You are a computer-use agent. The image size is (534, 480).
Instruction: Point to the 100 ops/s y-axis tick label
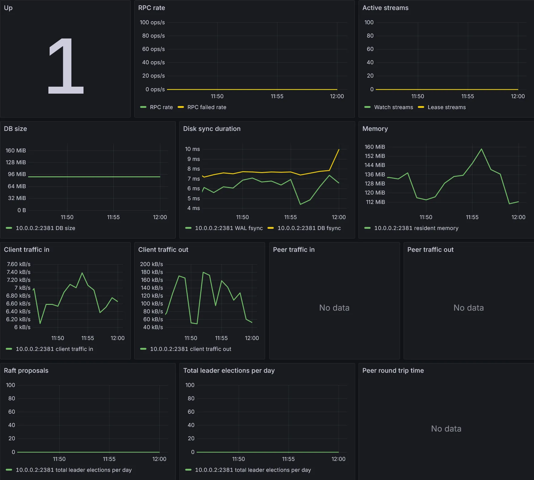pos(152,22)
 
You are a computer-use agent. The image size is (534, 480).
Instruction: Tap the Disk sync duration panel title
pos(212,129)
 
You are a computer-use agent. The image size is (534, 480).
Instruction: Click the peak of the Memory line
pos(481,149)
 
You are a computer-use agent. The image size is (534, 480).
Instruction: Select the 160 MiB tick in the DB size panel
pos(16,151)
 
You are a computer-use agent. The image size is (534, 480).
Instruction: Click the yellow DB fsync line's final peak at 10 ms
pos(339,149)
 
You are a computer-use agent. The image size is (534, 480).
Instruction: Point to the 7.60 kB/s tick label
pos(18,264)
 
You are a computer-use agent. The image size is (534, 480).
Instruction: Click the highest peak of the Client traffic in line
pos(82,273)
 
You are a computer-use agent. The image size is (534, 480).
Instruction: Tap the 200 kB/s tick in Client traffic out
pos(151,264)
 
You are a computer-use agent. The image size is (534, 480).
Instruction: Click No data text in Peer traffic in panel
pos(334,308)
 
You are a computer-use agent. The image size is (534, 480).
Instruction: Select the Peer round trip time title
pos(393,371)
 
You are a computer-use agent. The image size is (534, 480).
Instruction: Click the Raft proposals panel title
pos(26,371)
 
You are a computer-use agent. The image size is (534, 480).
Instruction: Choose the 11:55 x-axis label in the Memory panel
pos(472,217)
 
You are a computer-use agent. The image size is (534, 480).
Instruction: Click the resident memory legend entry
pos(416,228)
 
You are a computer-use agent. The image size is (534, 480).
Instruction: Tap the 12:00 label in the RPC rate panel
pos(337,96)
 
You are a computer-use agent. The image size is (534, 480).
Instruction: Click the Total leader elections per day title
pos(229,371)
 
